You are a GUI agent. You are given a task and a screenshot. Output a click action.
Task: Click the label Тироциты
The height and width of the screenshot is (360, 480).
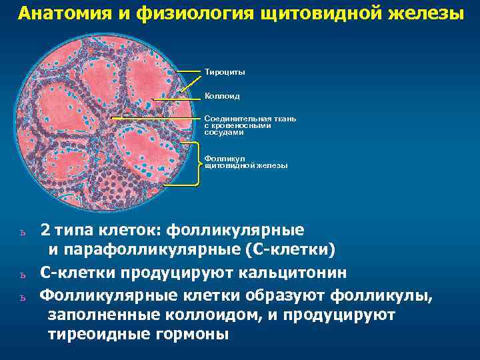tap(225, 71)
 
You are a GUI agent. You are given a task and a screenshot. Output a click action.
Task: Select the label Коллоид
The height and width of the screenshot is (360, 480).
tap(222, 97)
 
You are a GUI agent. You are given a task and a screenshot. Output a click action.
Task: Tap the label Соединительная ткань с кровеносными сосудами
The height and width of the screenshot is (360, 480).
tap(249, 125)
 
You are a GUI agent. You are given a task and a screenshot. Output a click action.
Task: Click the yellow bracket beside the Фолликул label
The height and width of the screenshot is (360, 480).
tap(198, 163)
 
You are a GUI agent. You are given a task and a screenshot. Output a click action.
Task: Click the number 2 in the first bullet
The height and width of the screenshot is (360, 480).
tap(44, 231)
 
